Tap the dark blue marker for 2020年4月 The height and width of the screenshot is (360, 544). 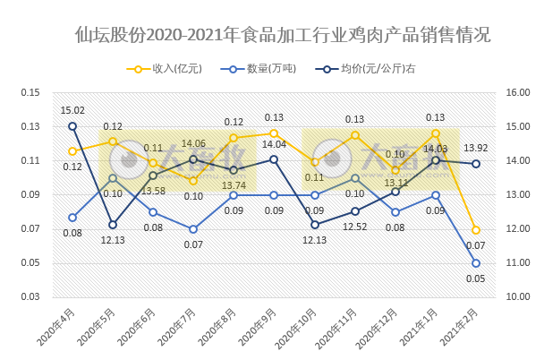click(x=72, y=126)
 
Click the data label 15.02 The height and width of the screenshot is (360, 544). click(x=72, y=111)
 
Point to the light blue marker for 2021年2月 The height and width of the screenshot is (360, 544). click(x=476, y=263)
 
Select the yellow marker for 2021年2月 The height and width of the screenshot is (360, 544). click(x=476, y=230)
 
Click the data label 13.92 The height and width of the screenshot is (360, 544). click(x=476, y=148)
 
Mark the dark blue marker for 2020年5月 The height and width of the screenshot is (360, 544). click(x=113, y=225)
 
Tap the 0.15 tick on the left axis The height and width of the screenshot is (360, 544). click(x=31, y=93)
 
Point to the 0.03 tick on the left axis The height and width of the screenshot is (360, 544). click(x=31, y=297)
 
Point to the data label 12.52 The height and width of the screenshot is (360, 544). click(x=355, y=227)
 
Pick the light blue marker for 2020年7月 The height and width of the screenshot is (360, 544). click(x=193, y=229)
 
